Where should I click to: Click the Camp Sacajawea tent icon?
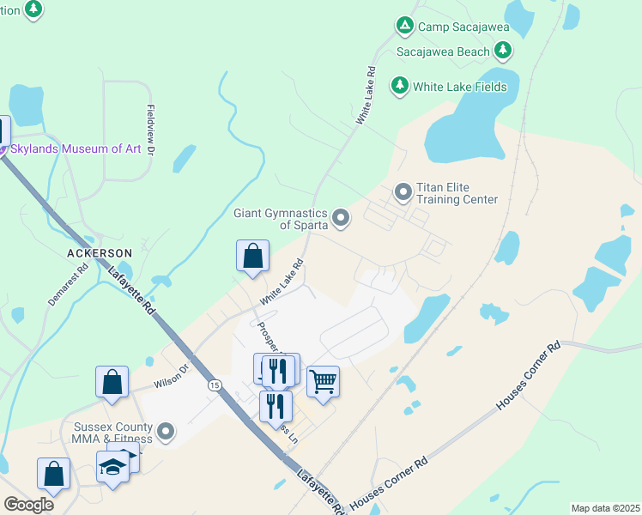click(404, 27)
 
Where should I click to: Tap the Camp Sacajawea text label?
click(463, 27)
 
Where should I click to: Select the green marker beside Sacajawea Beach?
click(504, 51)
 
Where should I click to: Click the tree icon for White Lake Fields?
click(399, 86)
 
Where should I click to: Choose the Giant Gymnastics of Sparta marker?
click(342, 219)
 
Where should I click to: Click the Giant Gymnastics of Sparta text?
click(281, 220)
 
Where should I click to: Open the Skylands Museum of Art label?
click(75, 148)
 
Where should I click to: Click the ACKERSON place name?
click(100, 253)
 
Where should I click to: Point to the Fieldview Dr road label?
click(150, 130)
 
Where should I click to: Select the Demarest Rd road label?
click(68, 285)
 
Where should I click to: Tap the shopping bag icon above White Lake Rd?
click(253, 255)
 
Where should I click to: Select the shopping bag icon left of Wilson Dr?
click(112, 382)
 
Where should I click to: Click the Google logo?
click(28, 505)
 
